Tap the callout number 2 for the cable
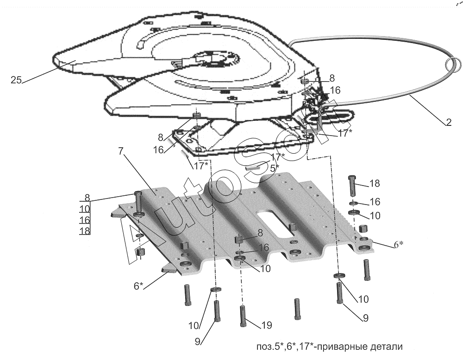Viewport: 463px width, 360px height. coord(449,123)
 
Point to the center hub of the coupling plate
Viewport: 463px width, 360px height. coord(214,59)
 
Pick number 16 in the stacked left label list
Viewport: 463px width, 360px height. coord(84,219)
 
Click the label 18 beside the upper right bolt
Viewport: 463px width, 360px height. coord(374,184)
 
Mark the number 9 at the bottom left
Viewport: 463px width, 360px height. coord(198,342)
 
